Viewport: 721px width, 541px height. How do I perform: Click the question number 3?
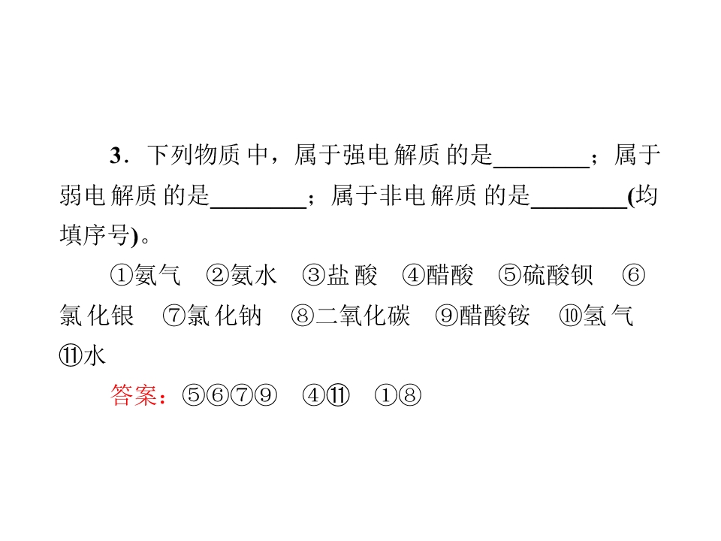pos(116,155)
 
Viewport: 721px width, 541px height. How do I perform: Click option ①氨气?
pos(145,275)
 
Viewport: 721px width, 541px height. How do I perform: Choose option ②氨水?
pos(242,275)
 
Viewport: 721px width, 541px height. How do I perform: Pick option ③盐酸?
pos(339,275)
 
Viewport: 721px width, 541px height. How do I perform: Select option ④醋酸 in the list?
pos(438,275)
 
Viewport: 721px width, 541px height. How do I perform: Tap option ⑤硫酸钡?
pos(546,275)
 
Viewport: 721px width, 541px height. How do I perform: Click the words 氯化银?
pos(97,316)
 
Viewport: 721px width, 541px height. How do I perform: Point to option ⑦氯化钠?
pos(212,316)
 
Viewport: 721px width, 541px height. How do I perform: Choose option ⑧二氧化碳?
pos(351,316)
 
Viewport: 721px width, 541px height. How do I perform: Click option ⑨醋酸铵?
pos(482,316)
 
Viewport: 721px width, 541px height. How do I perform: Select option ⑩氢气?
pos(596,316)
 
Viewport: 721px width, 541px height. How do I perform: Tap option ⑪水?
pos(83,355)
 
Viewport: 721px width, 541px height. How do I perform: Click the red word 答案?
pos(134,395)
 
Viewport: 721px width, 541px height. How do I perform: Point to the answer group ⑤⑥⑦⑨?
pos(230,395)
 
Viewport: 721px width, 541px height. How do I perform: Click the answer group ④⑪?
pos(326,395)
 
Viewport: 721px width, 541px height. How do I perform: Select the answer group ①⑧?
pos(398,395)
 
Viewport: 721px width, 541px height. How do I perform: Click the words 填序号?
pos(95,235)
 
